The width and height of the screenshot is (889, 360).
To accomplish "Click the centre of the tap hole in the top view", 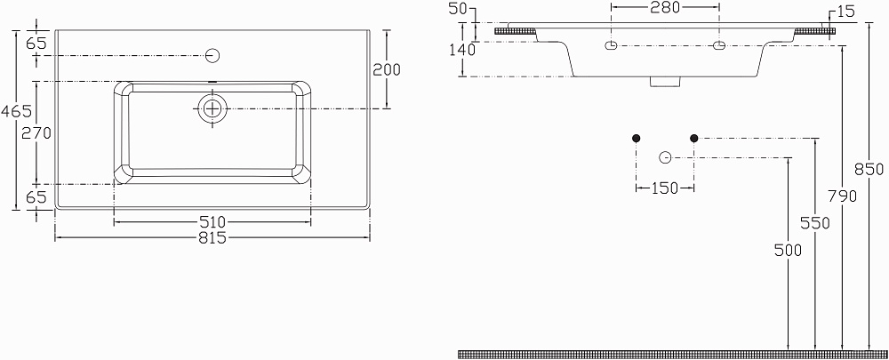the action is click(x=212, y=56).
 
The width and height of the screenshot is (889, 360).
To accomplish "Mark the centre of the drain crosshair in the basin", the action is click(x=212, y=108).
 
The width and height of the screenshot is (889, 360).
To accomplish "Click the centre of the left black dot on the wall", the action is click(x=637, y=138).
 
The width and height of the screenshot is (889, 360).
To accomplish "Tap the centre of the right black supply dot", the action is click(x=694, y=138).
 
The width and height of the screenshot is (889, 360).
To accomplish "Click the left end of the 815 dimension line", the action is click(x=55, y=237).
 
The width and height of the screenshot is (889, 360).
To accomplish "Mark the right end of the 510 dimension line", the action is click(x=310, y=220).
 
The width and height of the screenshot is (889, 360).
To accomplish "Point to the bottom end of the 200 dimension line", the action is click(x=387, y=108).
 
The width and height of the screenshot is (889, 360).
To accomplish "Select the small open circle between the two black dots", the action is click(x=666, y=157).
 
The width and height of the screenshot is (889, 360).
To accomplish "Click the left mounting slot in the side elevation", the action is click(x=612, y=44).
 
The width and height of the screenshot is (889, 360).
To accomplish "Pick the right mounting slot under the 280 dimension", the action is click(x=719, y=44).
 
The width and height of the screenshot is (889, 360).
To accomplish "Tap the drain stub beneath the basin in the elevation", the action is click(x=664, y=82).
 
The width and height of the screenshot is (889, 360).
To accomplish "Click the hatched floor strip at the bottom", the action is click(x=673, y=355).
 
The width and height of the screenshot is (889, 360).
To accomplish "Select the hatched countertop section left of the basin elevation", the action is click(x=516, y=30).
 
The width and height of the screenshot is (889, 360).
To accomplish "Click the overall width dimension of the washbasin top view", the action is click(x=212, y=238).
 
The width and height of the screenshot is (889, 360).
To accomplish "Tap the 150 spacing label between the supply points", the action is click(x=665, y=188).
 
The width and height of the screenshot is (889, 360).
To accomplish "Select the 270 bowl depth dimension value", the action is click(x=36, y=133).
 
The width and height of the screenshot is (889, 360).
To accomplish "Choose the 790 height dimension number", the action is click(x=842, y=196).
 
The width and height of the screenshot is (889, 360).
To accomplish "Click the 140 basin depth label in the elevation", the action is click(x=462, y=50).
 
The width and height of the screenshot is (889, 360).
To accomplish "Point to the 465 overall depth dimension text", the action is click(x=16, y=111).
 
